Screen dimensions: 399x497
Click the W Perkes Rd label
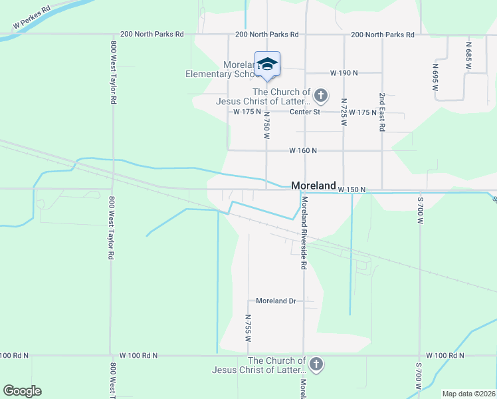(x=32, y=19)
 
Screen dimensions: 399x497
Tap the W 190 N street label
(x=344, y=72)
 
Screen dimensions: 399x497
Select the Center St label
(x=305, y=112)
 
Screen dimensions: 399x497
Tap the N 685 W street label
(x=468, y=57)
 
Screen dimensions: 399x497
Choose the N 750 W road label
(x=266, y=124)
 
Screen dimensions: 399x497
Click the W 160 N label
(x=303, y=151)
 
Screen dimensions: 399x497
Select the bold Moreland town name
(x=314, y=186)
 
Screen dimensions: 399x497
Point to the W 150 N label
(x=351, y=190)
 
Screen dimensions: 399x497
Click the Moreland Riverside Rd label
(x=304, y=232)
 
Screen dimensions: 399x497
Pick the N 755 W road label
(x=248, y=328)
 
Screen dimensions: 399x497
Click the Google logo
(x=22, y=391)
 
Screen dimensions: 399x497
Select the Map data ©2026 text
(x=468, y=394)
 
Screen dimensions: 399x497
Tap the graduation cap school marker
(x=267, y=64)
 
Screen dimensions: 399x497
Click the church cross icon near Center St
(x=320, y=96)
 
